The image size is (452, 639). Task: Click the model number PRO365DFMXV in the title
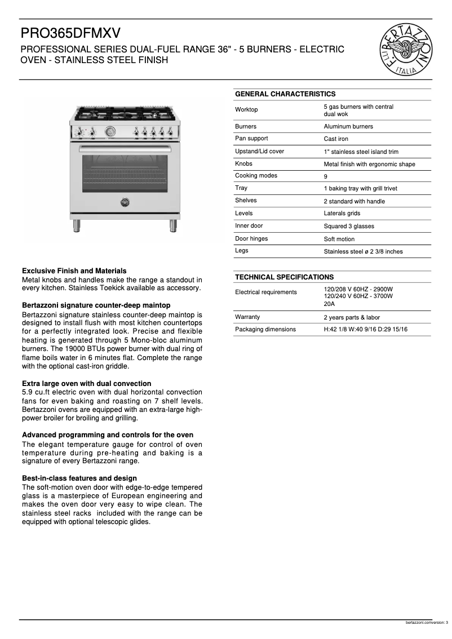(x=70, y=33)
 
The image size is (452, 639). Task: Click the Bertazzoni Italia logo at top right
(x=409, y=49)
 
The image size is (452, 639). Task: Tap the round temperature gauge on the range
(x=110, y=132)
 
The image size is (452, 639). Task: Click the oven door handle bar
(x=125, y=149)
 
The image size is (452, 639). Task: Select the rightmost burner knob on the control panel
(x=170, y=132)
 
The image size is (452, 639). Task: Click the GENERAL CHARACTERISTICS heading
(x=285, y=94)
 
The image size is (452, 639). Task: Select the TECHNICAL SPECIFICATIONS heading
(x=285, y=277)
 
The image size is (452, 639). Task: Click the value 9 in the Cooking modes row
(x=326, y=176)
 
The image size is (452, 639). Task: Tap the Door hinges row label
(x=251, y=238)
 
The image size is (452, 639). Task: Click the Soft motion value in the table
(x=339, y=239)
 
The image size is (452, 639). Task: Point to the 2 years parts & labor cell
(x=352, y=317)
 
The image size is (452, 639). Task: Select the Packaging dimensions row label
(x=265, y=329)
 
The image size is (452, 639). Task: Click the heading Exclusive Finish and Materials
(x=74, y=271)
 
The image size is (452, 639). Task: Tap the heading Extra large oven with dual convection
(x=86, y=383)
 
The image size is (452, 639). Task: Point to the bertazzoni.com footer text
(x=417, y=623)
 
